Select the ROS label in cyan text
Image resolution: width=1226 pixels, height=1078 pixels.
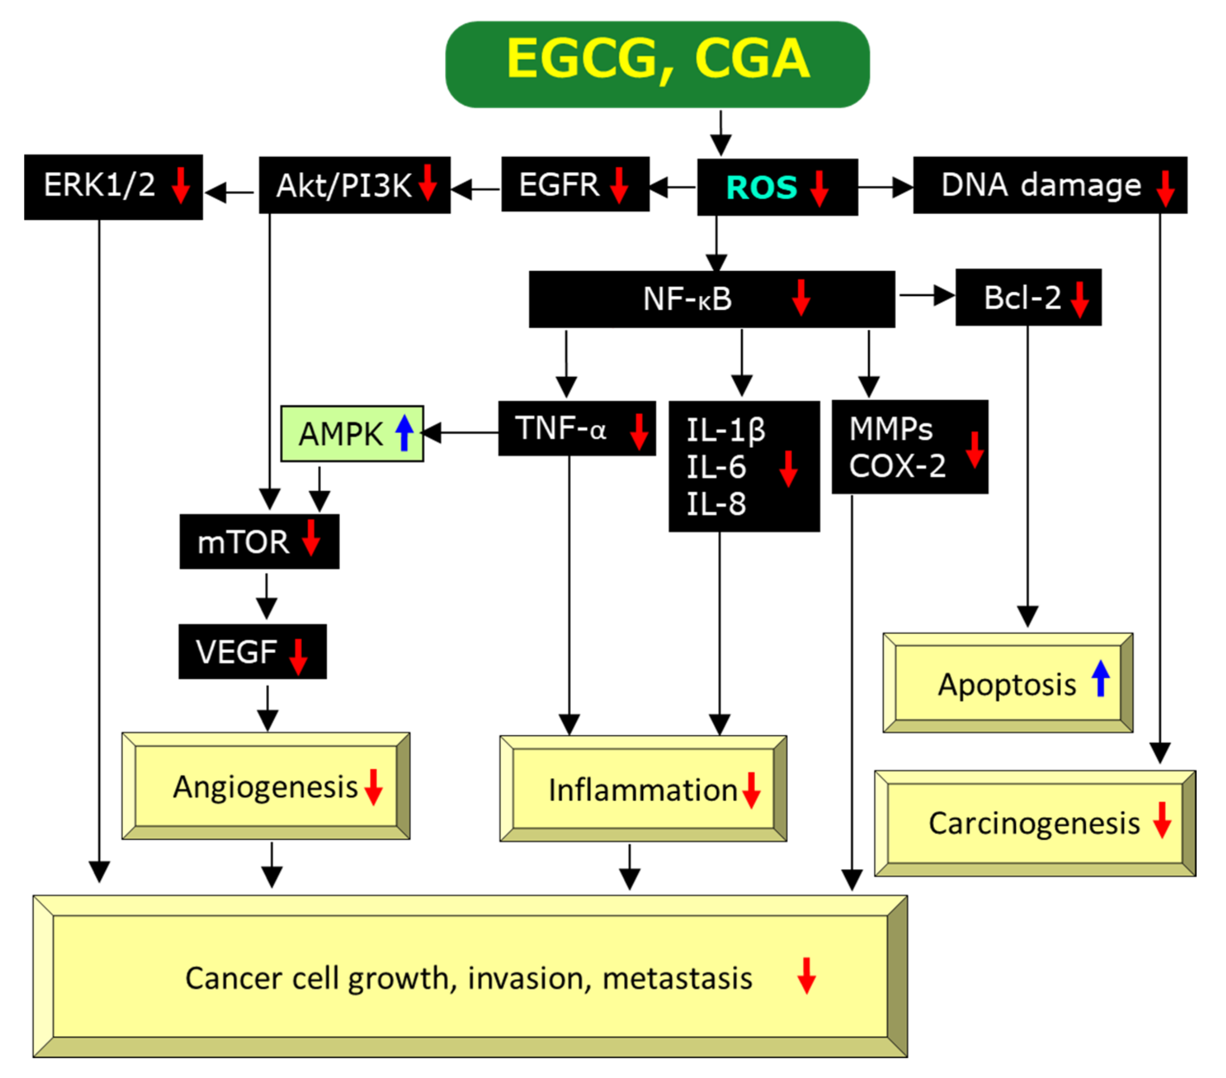click(x=761, y=187)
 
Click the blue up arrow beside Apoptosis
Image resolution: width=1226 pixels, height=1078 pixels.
click(x=1100, y=678)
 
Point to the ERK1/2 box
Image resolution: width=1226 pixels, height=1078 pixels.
click(x=113, y=187)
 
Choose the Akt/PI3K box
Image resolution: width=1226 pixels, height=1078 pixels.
click(x=354, y=185)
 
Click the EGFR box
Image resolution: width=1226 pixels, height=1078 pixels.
click(x=575, y=184)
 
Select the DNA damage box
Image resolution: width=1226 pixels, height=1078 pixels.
click(x=1049, y=185)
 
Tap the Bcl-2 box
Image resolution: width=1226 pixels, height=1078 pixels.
click(x=1028, y=297)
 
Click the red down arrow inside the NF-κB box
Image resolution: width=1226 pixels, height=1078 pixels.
click(x=801, y=297)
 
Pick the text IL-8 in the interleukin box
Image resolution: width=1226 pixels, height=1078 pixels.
click(x=715, y=504)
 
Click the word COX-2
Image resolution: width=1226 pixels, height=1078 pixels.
click(x=897, y=466)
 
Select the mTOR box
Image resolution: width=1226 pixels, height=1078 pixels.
click(x=259, y=542)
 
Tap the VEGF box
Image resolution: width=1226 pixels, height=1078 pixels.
click(x=252, y=651)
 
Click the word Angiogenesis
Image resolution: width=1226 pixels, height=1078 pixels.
click(x=265, y=787)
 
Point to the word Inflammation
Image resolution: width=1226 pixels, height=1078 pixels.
click(x=642, y=790)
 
